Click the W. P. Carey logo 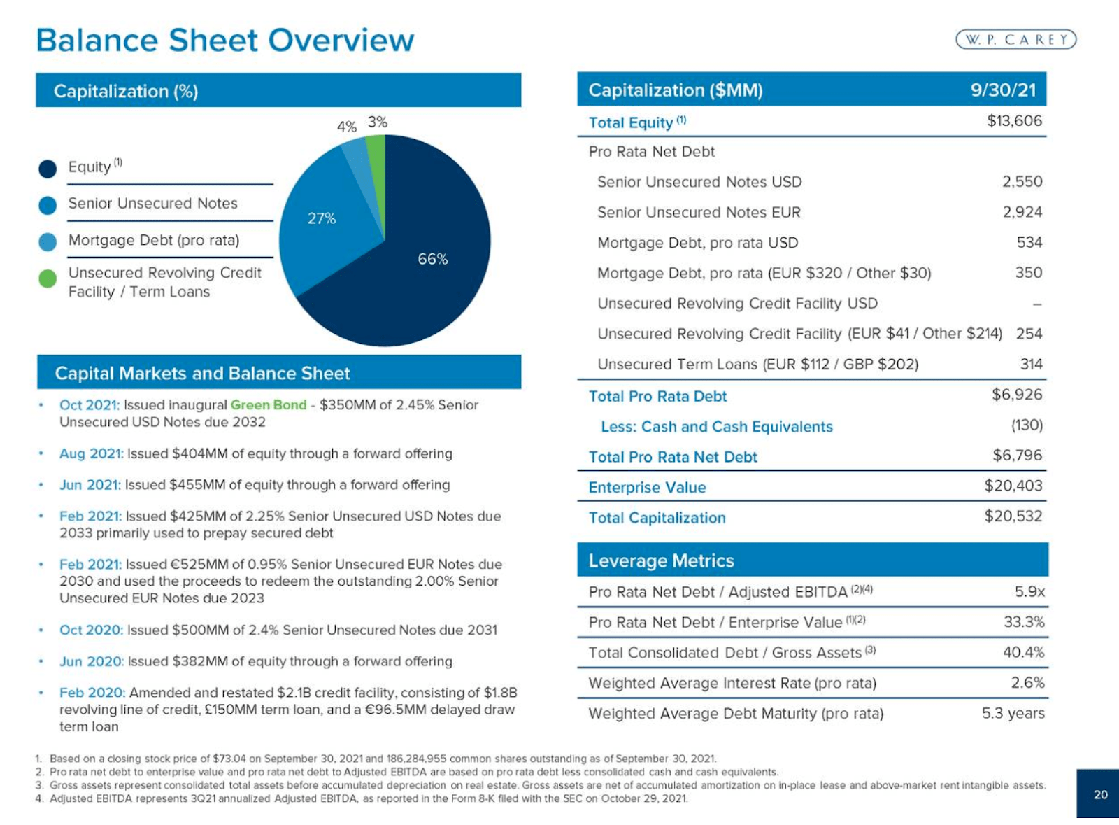(x=1015, y=40)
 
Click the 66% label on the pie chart (x=432, y=259)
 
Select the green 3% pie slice (x=376, y=150)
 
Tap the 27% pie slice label (x=321, y=218)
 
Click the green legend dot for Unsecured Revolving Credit (x=48, y=278)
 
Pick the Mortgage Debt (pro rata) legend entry (x=153, y=240)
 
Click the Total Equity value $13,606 (x=1014, y=121)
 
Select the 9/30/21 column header (x=1003, y=90)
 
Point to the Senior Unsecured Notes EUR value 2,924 (x=1022, y=212)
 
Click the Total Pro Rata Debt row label (x=657, y=396)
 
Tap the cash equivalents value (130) (x=1027, y=425)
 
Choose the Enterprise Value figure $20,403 (x=1013, y=486)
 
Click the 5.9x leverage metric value (x=1029, y=592)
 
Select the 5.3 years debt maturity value (x=1013, y=713)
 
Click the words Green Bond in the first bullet (x=269, y=405)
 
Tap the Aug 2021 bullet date (x=91, y=453)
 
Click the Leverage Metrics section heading (x=661, y=560)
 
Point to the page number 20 (x=1100, y=794)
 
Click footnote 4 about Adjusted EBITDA (x=364, y=798)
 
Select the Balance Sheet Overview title (x=224, y=40)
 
